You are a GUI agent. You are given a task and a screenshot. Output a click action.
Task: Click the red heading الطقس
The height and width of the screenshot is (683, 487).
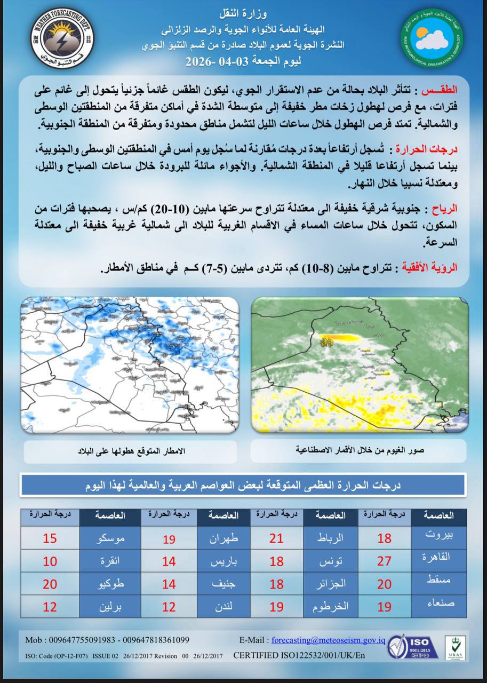tap(445, 86)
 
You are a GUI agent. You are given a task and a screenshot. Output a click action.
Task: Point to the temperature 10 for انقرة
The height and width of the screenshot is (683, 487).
tap(50, 561)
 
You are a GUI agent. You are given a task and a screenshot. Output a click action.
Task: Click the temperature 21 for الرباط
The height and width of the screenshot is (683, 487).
tap(276, 538)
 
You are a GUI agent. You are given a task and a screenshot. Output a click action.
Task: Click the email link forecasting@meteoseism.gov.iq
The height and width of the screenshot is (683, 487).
tap(328, 640)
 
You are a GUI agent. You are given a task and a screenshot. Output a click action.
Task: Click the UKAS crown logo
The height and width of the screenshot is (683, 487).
tap(455, 647)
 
